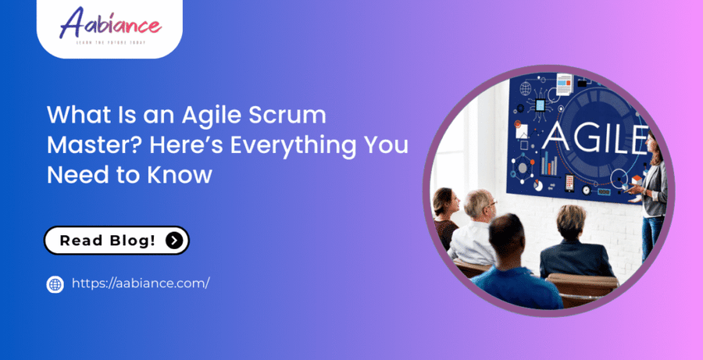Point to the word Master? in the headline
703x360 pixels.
95,146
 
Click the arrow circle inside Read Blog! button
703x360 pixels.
175,241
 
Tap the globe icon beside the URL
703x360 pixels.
55,284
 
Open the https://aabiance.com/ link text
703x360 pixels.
141,283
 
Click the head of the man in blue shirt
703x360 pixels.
510,233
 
